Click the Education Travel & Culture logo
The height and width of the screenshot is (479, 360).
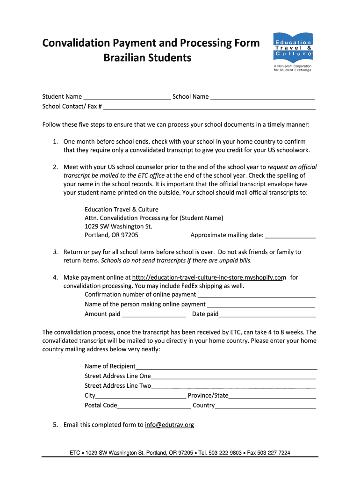tap(292, 51)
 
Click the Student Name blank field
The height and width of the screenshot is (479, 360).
tap(127, 97)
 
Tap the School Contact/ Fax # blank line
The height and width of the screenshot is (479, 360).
tap(209, 107)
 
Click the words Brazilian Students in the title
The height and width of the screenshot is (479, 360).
tap(147, 58)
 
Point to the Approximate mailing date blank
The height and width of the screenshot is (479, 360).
tap(290, 235)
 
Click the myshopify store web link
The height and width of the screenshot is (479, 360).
tap(209, 277)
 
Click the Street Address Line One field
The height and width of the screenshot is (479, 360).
tap(233, 377)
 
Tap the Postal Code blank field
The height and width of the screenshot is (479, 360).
tap(154, 406)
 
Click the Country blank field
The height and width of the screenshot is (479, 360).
tap(265, 406)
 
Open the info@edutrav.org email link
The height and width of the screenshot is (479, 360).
tap(169, 425)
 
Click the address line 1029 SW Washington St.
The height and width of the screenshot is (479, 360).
tap(118, 226)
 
